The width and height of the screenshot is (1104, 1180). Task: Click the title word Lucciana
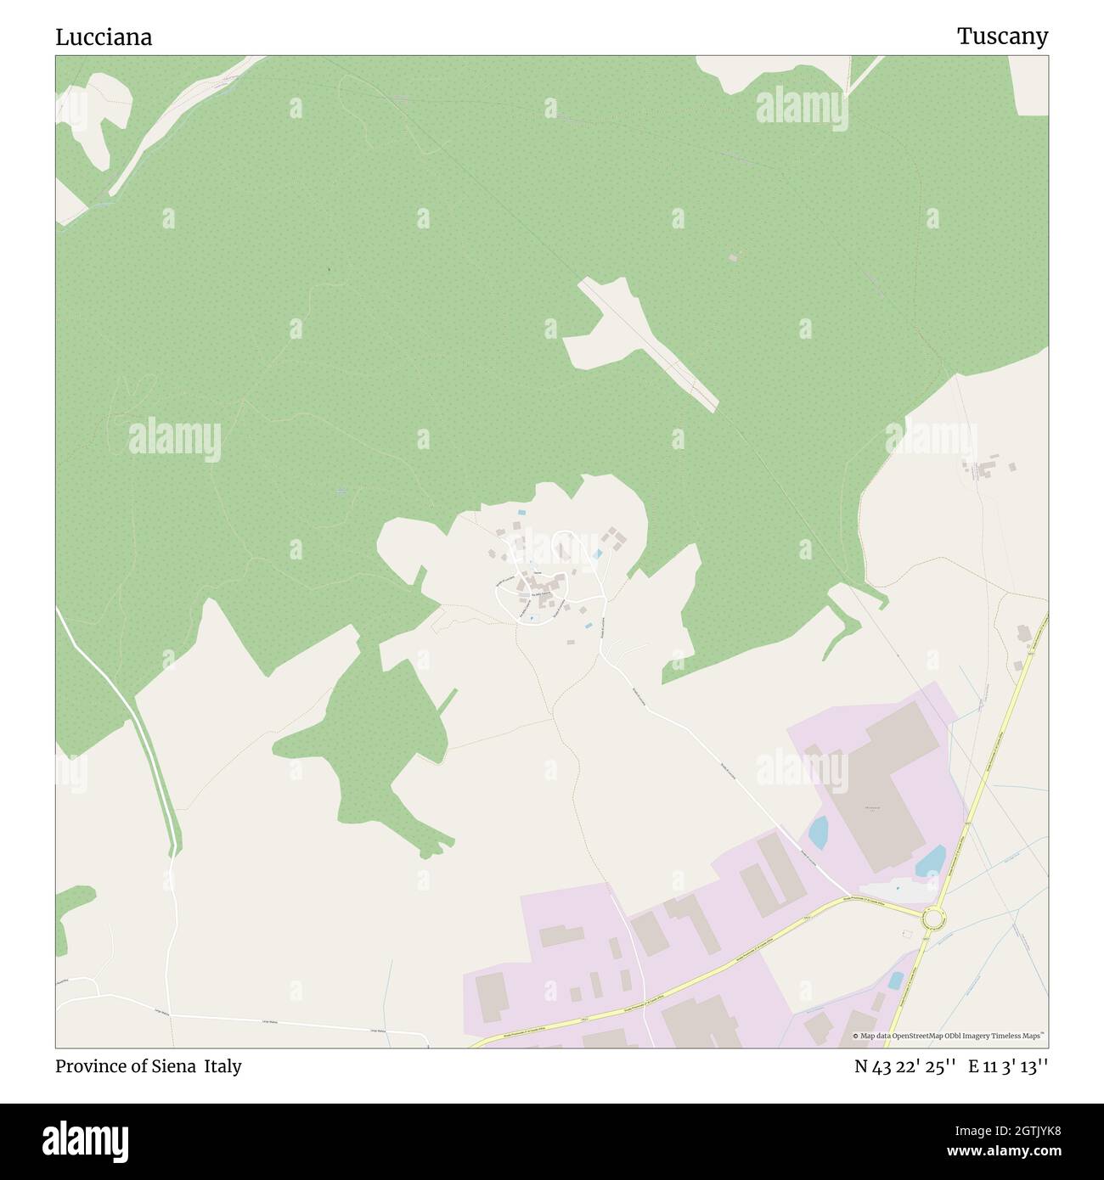click(104, 37)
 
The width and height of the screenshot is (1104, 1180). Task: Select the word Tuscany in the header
click(1002, 37)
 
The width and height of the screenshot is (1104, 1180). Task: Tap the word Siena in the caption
click(171, 1066)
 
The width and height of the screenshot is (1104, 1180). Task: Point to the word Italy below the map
click(222, 1066)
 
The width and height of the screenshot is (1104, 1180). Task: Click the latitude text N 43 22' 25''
click(906, 1066)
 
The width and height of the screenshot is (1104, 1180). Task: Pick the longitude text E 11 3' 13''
click(1010, 1066)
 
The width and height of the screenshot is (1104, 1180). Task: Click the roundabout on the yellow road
click(933, 918)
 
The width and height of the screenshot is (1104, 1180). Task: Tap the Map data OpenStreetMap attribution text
click(949, 1036)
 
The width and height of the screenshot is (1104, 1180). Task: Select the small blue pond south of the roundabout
click(896, 981)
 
